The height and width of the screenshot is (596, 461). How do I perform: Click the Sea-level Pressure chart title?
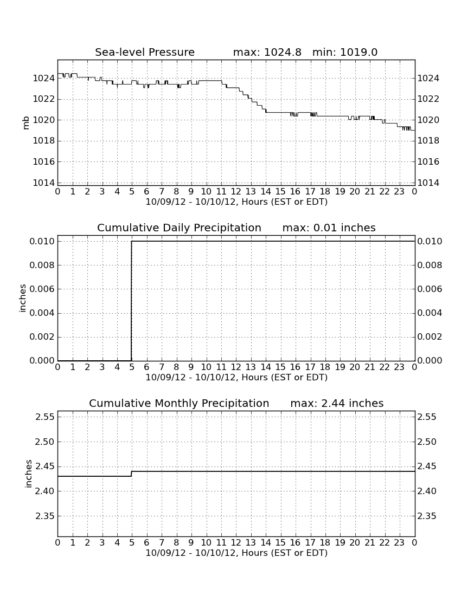click(145, 52)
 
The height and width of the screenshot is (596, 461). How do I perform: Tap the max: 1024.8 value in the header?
click(267, 52)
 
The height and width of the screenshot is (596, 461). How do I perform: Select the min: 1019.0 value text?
click(344, 52)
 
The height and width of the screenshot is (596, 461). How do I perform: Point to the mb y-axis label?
click(26, 123)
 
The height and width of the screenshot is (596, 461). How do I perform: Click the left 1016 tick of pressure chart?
click(44, 161)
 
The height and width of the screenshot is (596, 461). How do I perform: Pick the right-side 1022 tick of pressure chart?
click(428, 99)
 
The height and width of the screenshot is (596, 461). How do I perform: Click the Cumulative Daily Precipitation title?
click(179, 228)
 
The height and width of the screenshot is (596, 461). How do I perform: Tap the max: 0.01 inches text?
click(329, 228)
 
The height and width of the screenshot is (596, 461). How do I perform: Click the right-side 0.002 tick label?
click(430, 337)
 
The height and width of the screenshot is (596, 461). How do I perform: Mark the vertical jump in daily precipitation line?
click(132, 301)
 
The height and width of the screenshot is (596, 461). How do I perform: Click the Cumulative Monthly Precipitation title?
click(179, 403)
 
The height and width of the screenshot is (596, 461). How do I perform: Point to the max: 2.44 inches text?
click(337, 403)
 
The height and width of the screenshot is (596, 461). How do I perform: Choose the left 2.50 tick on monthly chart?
click(45, 442)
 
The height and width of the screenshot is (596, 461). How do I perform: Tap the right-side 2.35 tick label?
click(427, 516)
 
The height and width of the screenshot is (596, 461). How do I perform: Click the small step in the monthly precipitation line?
click(132, 474)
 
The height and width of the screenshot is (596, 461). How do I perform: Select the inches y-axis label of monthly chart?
click(28, 474)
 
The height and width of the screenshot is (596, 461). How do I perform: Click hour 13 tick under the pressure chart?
click(251, 192)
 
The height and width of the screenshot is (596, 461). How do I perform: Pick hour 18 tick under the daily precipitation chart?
click(325, 367)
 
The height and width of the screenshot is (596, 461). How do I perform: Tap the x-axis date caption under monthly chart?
click(236, 553)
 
